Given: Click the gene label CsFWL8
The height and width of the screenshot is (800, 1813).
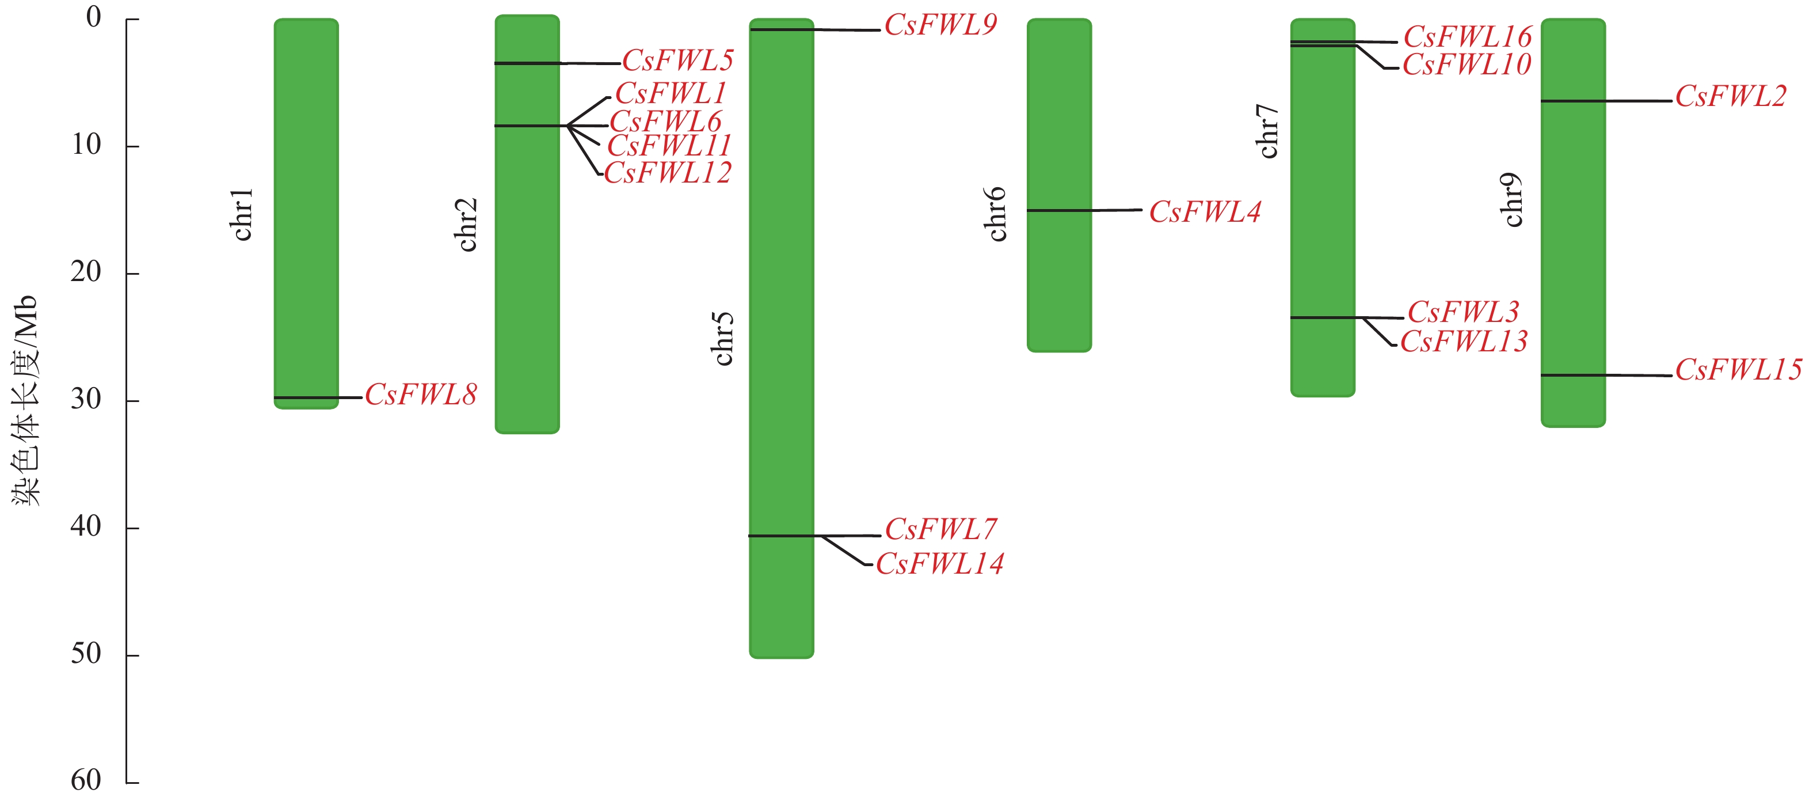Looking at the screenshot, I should (420, 395).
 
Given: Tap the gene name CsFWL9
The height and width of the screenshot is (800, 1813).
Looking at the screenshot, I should (940, 25).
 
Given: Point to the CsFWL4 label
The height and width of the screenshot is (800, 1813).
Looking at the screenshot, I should (1204, 212).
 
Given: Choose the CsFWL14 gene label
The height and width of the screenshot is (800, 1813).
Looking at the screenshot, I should (939, 563).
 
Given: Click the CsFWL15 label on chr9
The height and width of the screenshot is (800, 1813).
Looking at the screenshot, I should (1738, 370).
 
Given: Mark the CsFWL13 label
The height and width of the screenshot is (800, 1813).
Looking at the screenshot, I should (1463, 342).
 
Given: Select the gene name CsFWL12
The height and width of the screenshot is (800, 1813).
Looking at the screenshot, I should (667, 173).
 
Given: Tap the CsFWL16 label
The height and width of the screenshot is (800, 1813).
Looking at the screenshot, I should (1468, 37).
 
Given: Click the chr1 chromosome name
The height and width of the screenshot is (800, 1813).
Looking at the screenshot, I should (242, 214).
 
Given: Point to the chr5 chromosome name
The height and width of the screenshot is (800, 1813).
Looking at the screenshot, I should (723, 339).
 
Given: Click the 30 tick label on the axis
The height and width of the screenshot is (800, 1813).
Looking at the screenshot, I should (86, 399).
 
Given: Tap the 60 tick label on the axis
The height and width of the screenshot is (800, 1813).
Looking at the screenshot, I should (86, 780).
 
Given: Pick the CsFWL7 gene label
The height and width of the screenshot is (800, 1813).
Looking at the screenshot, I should (940, 529).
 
